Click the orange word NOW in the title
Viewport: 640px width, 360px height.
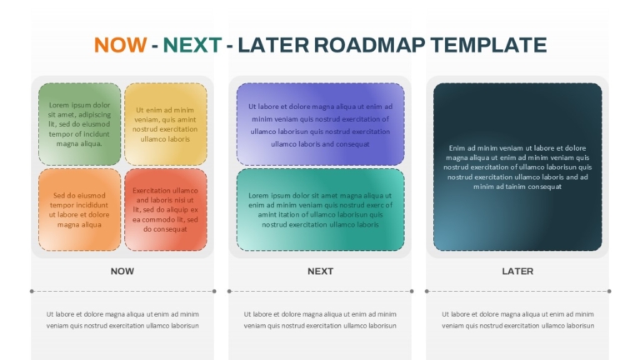pyautogui.click(x=120, y=45)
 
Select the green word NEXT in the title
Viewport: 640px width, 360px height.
pyautogui.click(x=192, y=45)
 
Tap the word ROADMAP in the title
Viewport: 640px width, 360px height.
pyautogui.click(x=369, y=45)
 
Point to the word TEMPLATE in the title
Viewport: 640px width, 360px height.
pyautogui.click(x=488, y=45)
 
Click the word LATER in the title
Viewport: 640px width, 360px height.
pyautogui.click(x=273, y=45)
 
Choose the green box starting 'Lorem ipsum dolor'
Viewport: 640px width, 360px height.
pyautogui.click(x=80, y=124)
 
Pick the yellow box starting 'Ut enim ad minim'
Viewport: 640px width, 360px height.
pyautogui.click(x=165, y=124)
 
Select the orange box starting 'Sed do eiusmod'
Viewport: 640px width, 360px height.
pyautogui.click(x=80, y=210)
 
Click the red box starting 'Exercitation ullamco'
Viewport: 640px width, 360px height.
pyautogui.click(x=165, y=210)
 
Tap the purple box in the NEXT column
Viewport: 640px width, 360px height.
pyautogui.click(x=320, y=124)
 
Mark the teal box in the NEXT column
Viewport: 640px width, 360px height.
pyautogui.click(x=320, y=210)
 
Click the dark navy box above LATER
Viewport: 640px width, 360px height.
pyautogui.click(x=517, y=167)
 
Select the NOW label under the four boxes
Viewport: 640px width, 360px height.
pyautogui.click(x=122, y=272)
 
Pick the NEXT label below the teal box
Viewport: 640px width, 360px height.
pyautogui.click(x=320, y=272)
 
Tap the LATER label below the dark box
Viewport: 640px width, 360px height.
pyautogui.click(x=517, y=272)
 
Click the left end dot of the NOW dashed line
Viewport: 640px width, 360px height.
pyautogui.click(x=32, y=291)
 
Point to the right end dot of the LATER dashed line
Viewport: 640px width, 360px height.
pyautogui.click(x=609, y=291)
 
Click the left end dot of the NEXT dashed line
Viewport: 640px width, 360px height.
pyautogui.click(x=229, y=291)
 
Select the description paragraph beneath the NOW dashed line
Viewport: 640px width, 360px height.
pyautogui.click(x=122, y=320)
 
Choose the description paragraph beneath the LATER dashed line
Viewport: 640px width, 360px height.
pyautogui.click(x=517, y=320)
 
